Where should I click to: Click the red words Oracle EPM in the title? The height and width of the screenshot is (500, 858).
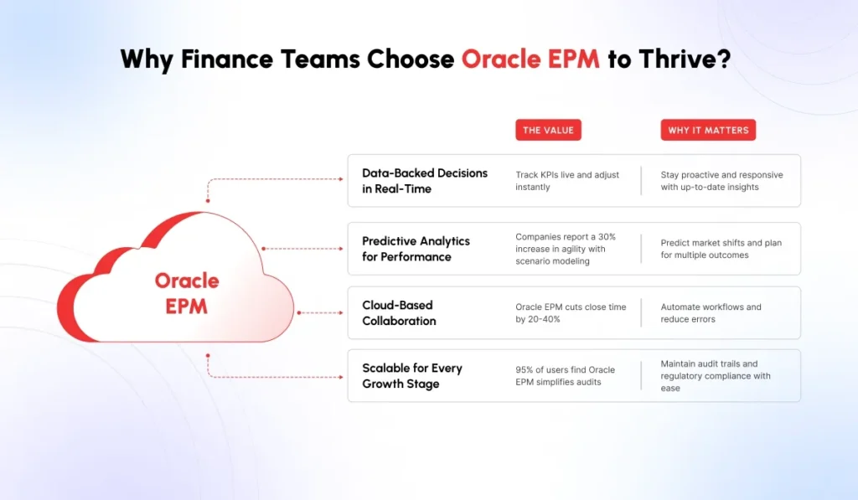pyautogui.click(x=530, y=59)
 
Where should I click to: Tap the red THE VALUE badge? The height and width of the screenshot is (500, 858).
pyautogui.click(x=548, y=130)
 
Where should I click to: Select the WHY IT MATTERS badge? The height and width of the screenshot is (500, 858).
pyautogui.click(x=708, y=130)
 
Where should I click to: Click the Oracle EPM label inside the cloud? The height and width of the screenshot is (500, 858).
pyautogui.click(x=187, y=293)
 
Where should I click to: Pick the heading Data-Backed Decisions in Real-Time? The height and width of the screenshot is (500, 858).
pyautogui.click(x=424, y=181)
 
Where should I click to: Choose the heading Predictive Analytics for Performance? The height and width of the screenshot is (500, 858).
pyautogui.click(x=416, y=249)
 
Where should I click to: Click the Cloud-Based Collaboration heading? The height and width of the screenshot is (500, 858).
pyautogui.click(x=399, y=312)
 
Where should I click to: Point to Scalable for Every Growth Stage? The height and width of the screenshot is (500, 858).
pyautogui.click(x=411, y=376)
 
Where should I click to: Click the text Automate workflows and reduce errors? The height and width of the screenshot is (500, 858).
pyautogui.click(x=711, y=312)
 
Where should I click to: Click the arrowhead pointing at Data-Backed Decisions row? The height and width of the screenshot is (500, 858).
pyautogui.click(x=344, y=179)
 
